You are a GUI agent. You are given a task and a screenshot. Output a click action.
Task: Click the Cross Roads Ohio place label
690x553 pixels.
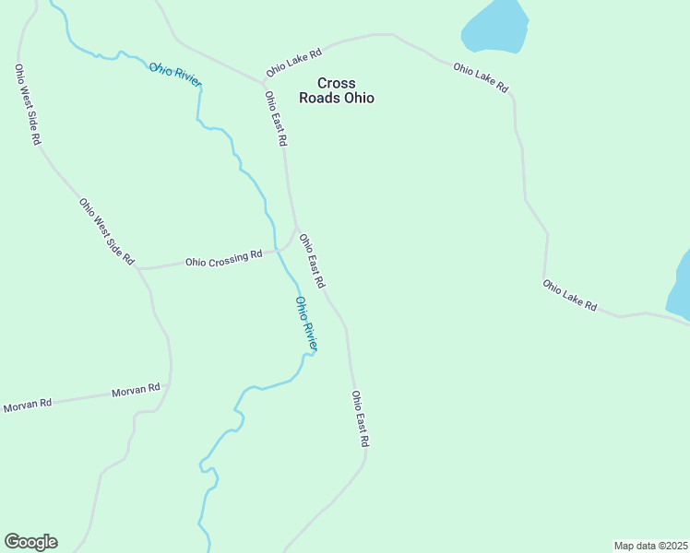[336, 90]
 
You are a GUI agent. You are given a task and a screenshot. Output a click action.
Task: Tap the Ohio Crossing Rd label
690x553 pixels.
[223, 259]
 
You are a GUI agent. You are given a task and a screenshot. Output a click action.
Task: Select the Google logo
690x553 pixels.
[30, 542]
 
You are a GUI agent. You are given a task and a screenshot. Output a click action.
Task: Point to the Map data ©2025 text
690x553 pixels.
[650, 546]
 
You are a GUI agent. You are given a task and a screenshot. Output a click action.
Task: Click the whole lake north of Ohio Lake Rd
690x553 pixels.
[495, 26]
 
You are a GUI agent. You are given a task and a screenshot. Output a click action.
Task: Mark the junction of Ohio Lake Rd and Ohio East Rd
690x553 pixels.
[263, 82]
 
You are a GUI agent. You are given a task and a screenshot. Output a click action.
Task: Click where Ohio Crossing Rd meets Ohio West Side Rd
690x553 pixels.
[138, 268]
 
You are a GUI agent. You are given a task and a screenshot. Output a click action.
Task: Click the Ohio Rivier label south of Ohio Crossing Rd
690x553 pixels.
[306, 324]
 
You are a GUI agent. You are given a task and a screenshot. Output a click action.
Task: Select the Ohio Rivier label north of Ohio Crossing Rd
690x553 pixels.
[175, 75]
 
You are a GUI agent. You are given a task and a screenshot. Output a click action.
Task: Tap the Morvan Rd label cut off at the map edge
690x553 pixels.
[28, 405]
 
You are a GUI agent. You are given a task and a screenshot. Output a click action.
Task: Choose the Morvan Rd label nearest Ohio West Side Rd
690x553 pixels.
[136, 391]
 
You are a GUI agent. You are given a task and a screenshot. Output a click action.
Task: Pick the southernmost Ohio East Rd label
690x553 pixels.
[360, 418]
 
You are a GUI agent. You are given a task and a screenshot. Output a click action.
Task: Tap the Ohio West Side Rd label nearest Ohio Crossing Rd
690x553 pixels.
[107, 231]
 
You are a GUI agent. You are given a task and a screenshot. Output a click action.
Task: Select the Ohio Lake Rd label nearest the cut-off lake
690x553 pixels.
[569, 295]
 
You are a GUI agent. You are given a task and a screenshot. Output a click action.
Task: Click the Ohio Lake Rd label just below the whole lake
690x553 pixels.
[481, 77]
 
